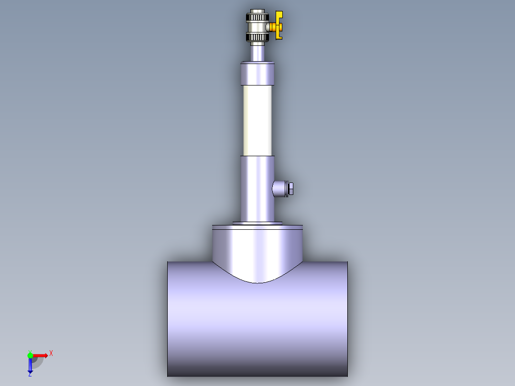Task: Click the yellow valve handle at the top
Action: [279, 25]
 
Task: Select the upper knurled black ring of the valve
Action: [257, 18]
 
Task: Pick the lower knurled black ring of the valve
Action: [257, 37]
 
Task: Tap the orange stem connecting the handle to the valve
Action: [271, 27]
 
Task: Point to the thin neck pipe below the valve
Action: [257, 52]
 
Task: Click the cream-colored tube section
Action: [257, 120]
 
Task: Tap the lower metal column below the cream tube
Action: [257, 189]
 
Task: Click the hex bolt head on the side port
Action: [290, 188]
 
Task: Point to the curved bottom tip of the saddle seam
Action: [257, 282]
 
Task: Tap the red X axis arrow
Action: [41, 355]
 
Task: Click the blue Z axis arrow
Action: [30, 365]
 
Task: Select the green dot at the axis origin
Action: [30, 355]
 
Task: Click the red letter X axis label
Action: [51, 354]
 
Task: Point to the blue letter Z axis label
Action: [30, 375]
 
